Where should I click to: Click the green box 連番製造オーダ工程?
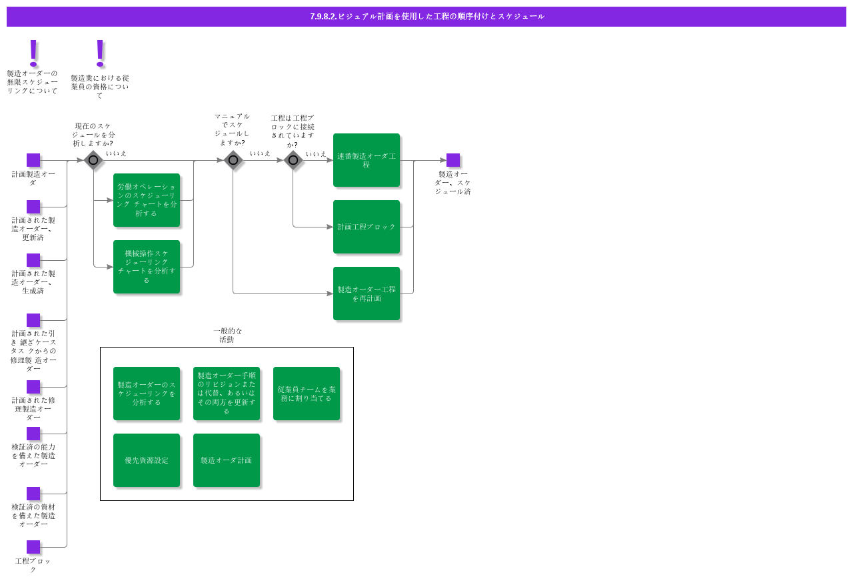(367, 160)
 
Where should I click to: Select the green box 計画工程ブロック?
(367, 227)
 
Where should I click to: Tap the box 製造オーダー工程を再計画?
(367, 294)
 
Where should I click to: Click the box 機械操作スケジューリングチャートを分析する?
(147, 267)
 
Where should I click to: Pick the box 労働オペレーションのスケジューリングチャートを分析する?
(147, 200)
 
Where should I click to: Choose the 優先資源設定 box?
(147, 460)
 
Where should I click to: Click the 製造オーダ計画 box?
(227, 460)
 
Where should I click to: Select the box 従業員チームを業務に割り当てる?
(307, 394)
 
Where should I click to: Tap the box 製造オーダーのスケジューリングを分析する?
(147, 394)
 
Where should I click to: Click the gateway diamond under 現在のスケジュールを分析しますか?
(93, 160)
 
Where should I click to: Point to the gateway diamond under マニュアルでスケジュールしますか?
(233, 160)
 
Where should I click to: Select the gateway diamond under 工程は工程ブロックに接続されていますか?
(293, 160)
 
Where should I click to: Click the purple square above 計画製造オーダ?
(33, 160)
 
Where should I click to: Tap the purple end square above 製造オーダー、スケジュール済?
(453, 160)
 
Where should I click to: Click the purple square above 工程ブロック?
(33, 547)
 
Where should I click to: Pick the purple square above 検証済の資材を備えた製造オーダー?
(33, 494)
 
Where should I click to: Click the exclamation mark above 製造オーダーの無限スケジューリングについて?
(33, 52)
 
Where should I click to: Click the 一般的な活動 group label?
(227, 335)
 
